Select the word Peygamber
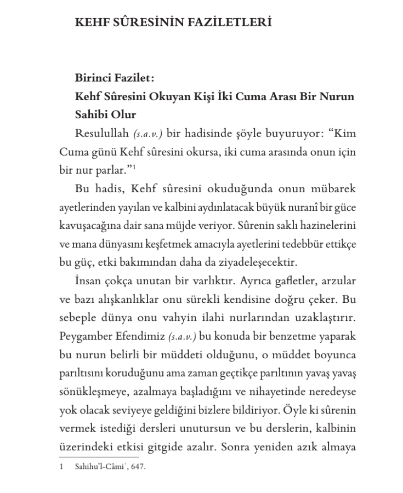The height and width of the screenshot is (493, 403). (x=86, y=335)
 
